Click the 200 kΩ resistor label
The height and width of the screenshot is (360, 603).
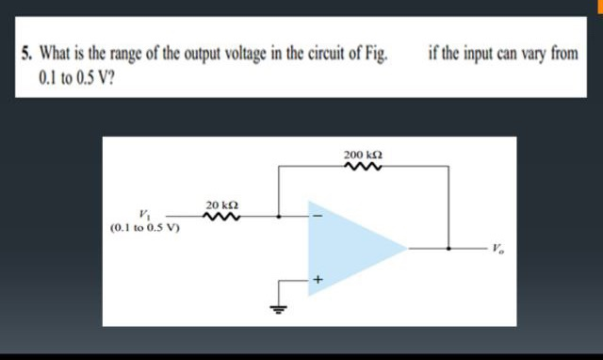click(x=363, y=153)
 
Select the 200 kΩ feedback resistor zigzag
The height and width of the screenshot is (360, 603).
click(x=363, y=169)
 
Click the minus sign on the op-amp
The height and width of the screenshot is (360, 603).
click(x=318, y=219)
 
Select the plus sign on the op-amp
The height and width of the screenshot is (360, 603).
click(x=318, y=280)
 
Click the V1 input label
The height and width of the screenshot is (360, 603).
click(x=144, y=214)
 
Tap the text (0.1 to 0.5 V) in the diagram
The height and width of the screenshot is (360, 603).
click(x=147, y=227)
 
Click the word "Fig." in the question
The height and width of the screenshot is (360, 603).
click(x=375, y=55)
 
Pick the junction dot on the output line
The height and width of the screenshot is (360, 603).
click(x=448, y=249)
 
